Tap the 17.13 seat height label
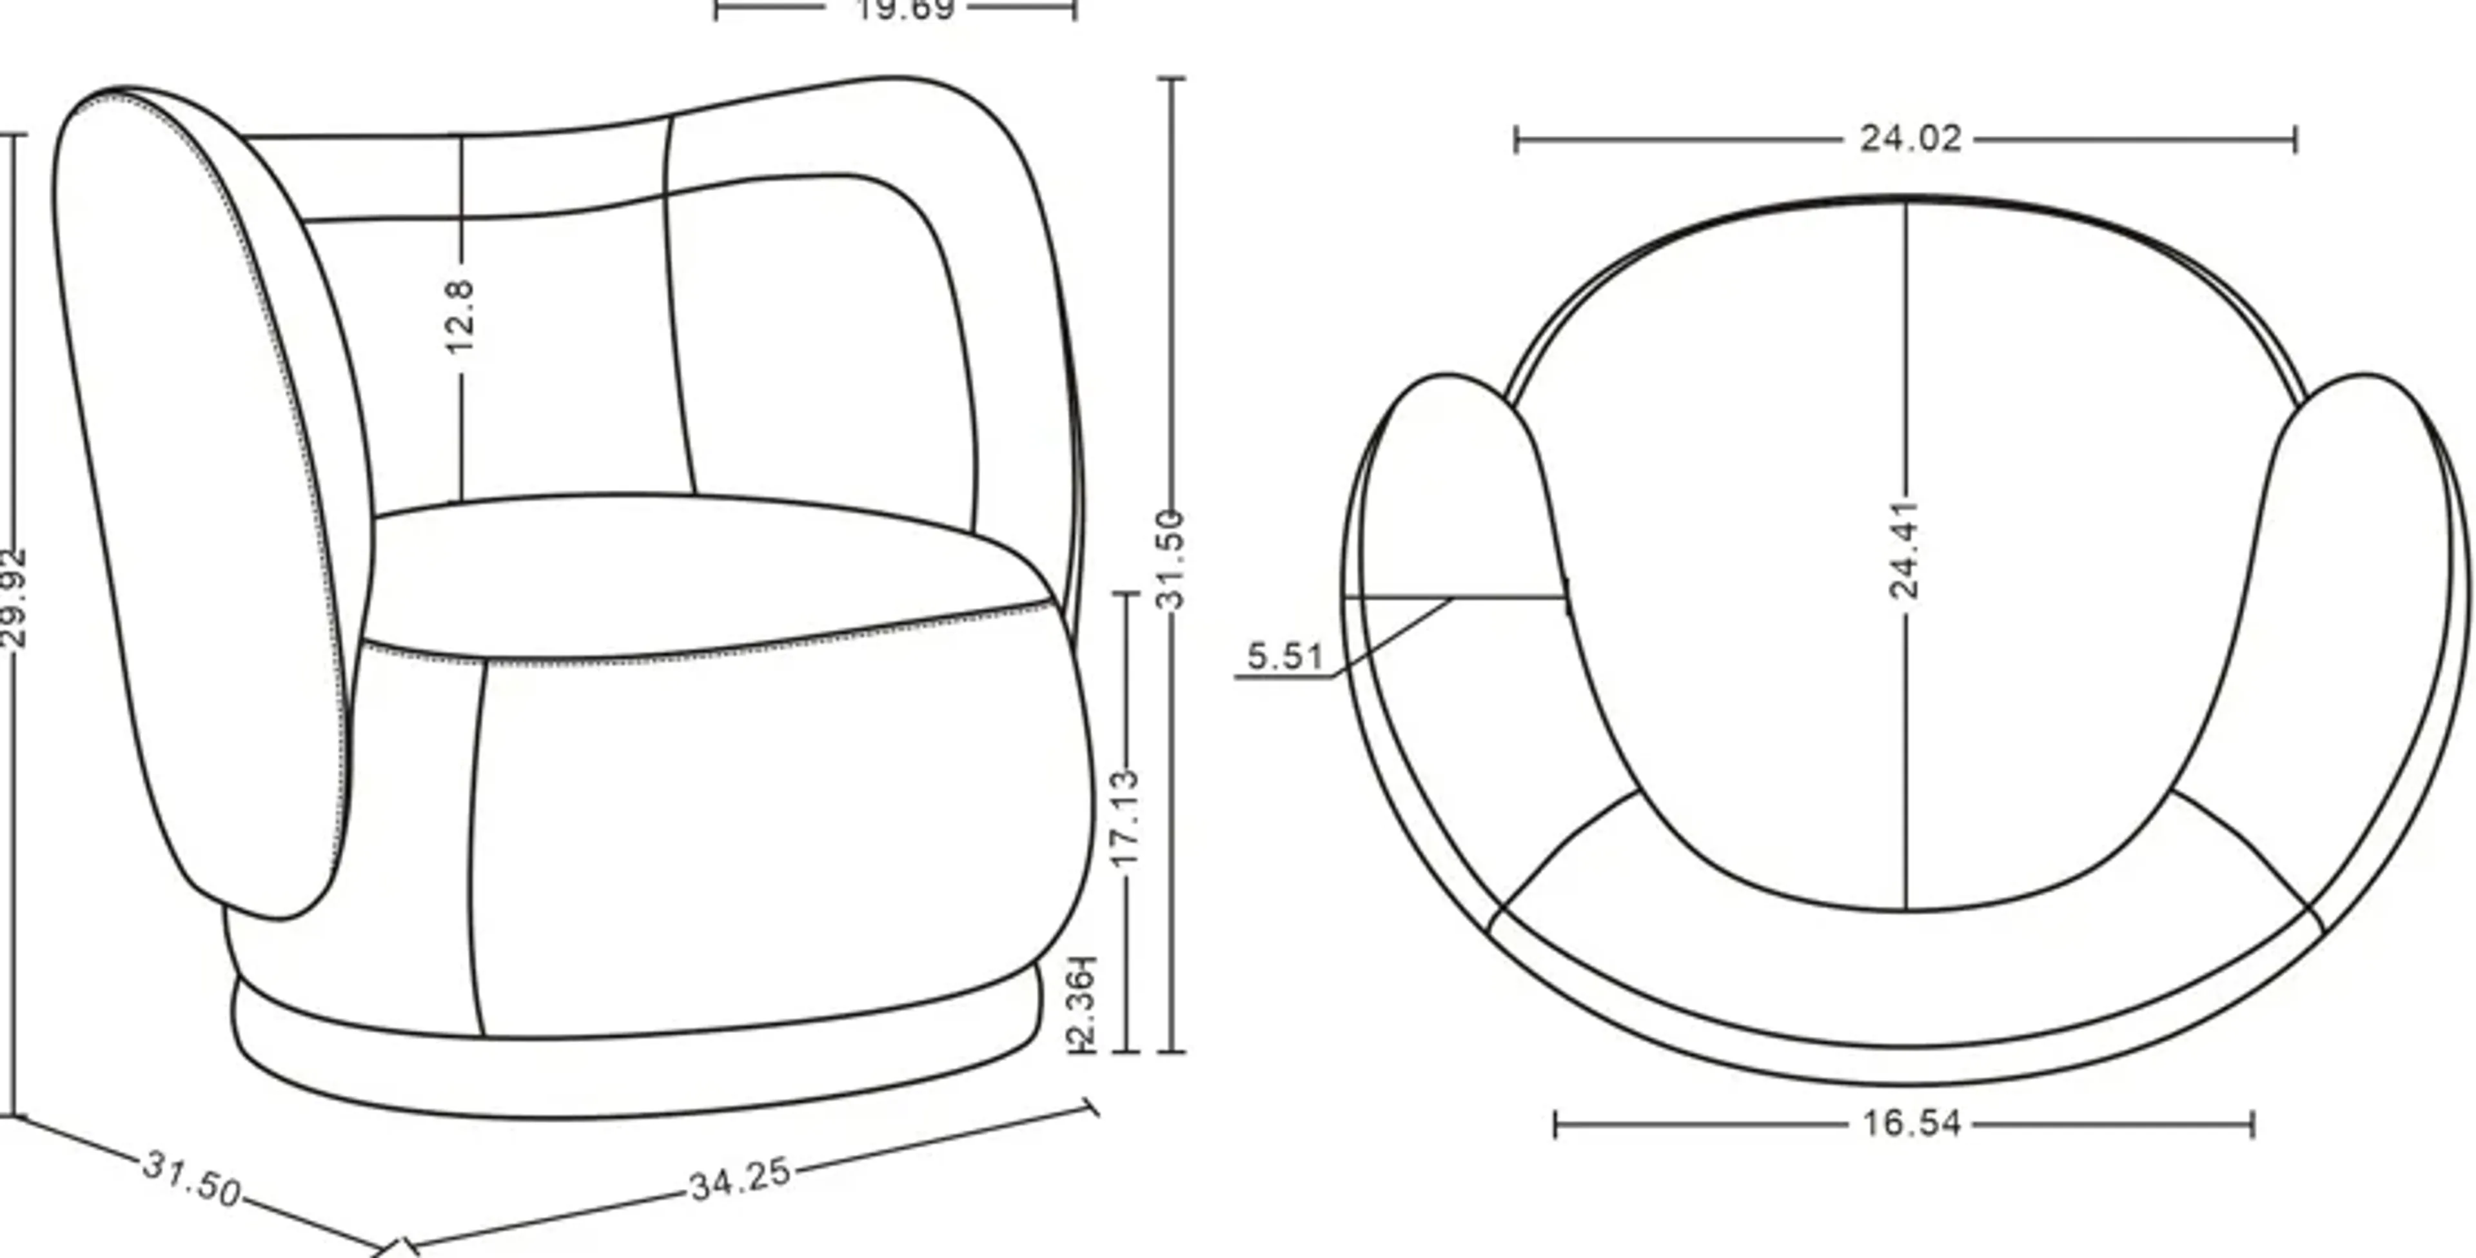[x=1125, y=817]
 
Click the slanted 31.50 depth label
[x=192, y=1178]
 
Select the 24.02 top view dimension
[x=1910, y=139]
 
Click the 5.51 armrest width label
[x=1285, y=656]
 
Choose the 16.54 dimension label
[x=1911, y=1123]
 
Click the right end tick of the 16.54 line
[x=2253, y=1125]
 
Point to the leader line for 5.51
[x=1393, y=638]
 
